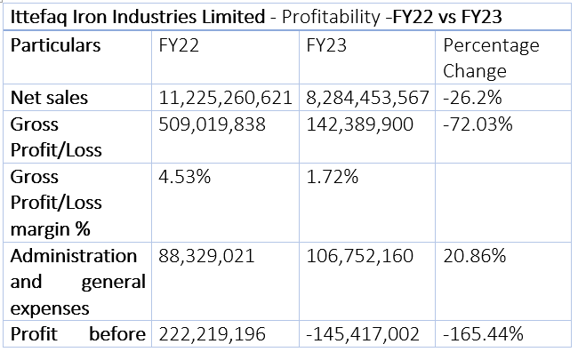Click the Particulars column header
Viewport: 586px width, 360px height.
coord(56,45)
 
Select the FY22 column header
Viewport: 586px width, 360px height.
coord(179,45)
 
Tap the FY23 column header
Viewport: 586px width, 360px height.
coord(326,45)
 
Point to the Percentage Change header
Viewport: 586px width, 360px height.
coord(491,59)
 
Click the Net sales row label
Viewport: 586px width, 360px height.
coord(49,98)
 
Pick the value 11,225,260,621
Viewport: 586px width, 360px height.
coord(225,98)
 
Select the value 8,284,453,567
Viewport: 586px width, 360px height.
coord(367,98)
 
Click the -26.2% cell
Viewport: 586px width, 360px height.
coord(472,98)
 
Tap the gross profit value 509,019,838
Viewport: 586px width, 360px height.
coord(212,124)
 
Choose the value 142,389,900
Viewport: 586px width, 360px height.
coord(359,124)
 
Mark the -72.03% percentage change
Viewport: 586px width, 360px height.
coord(478,124)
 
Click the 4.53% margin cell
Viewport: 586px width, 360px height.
coord(185,177)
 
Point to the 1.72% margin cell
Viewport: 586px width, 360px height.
coord(333,177)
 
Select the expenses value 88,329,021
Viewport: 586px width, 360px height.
coord(206,257)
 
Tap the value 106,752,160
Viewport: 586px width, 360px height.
coord(359,257)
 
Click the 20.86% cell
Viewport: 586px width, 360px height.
coord(475,256)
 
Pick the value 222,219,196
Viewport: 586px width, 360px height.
coord(212,334)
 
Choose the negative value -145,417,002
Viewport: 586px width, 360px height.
coord(363,334)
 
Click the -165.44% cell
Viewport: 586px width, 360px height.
coord(483,334)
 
